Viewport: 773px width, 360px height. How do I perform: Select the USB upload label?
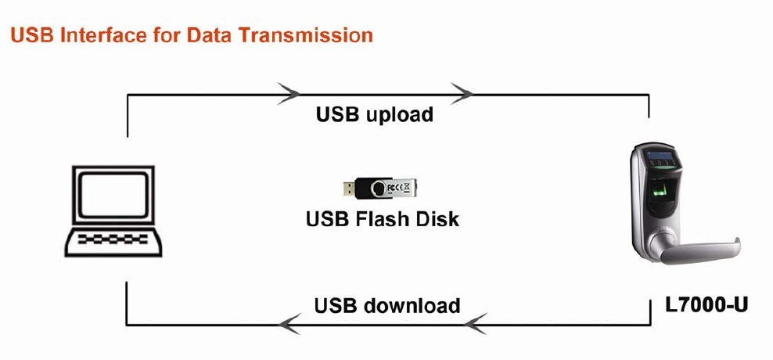click(x=375, y=114)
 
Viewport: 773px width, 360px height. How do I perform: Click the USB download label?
click(x=387, y=304)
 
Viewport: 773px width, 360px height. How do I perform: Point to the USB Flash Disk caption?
click(x=383, y=218)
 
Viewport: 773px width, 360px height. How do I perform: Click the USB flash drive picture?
click(x=383, y=188)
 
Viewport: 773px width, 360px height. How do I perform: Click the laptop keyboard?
click(x=115, y=238)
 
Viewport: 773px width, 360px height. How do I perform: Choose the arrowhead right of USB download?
click(x=476, y=322)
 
